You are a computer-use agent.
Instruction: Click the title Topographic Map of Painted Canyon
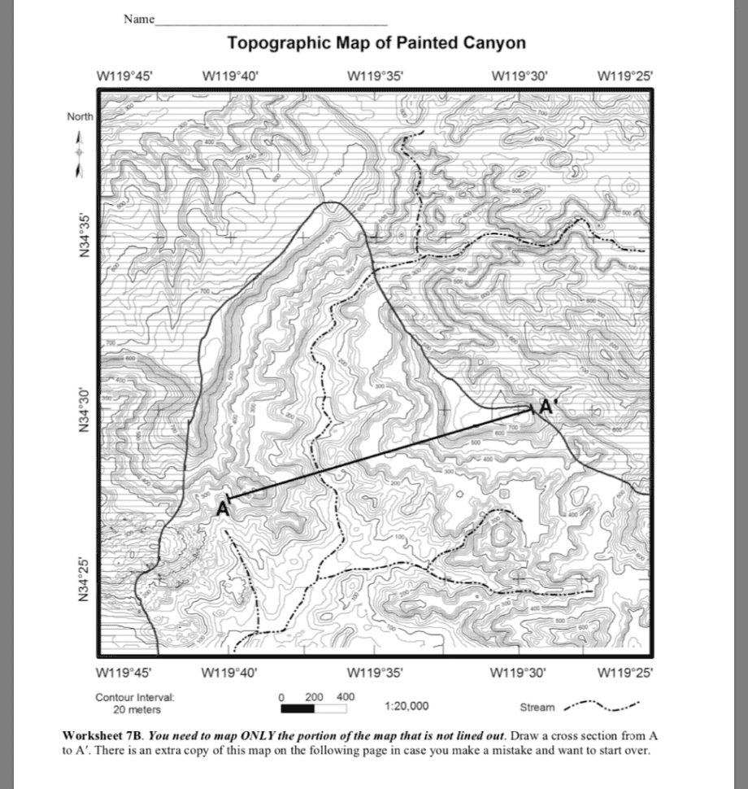376,42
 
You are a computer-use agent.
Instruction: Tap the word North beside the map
80,117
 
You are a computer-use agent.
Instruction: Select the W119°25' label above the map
624,76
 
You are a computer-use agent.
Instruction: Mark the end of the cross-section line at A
228,498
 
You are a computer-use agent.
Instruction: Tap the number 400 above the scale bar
345,696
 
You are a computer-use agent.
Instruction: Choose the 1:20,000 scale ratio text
407,706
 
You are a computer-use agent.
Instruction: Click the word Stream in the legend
538,707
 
